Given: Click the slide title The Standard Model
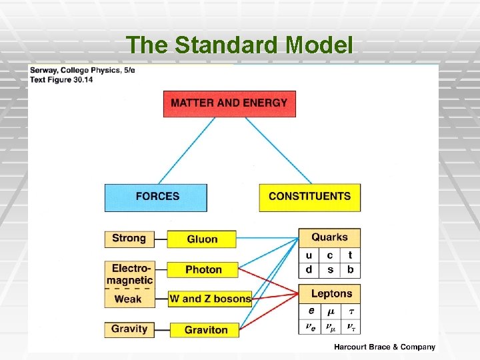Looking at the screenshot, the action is click(x=239, y=45).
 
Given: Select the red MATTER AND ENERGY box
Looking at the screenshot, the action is click(x=229, y=103).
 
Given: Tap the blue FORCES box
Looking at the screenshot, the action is click(x=157, y=197).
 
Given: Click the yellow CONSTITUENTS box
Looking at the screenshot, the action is click(x=309, y=197).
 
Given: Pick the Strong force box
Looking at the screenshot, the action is click(x=129, y=239).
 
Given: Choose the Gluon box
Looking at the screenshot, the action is click(x=202, y=239).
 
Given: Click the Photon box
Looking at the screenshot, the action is click(x=203, y=269).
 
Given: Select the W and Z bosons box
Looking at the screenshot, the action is click(x=210, y=299).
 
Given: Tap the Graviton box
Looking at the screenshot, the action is click(x=205, y=329).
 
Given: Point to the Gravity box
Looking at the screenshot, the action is click(x=129, y=329).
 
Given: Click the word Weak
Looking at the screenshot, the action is click(x=128, y=299).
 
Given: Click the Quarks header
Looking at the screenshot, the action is click(x=329, y=237).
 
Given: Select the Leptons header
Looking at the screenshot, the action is click(x=331, y=293).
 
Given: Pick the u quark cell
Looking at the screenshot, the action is click(x=309, y=255).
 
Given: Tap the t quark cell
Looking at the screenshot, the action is click(x=350, y=255).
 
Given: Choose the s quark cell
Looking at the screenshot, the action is click(x=330, y=270).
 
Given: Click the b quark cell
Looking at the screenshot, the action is click(x=350, y=270).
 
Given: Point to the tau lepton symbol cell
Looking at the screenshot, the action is click(x=351, y=311).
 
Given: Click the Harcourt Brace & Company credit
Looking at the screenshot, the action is click(x=385, y=347).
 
